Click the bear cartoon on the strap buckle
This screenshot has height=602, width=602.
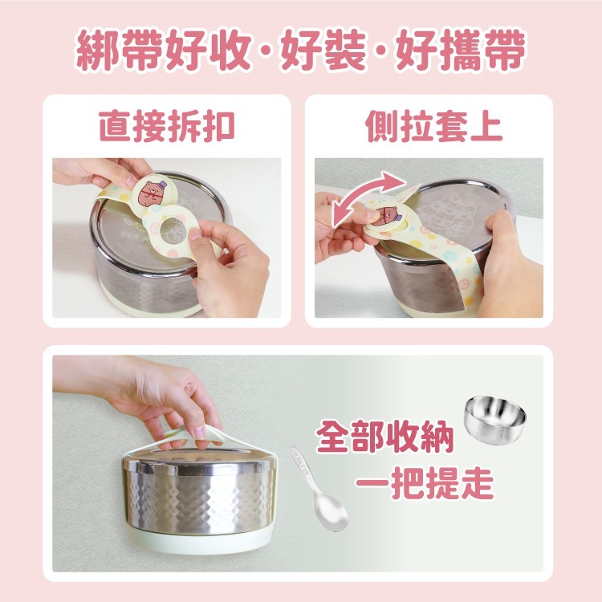(152, 193)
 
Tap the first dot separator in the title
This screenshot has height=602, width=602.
(270, 54)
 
